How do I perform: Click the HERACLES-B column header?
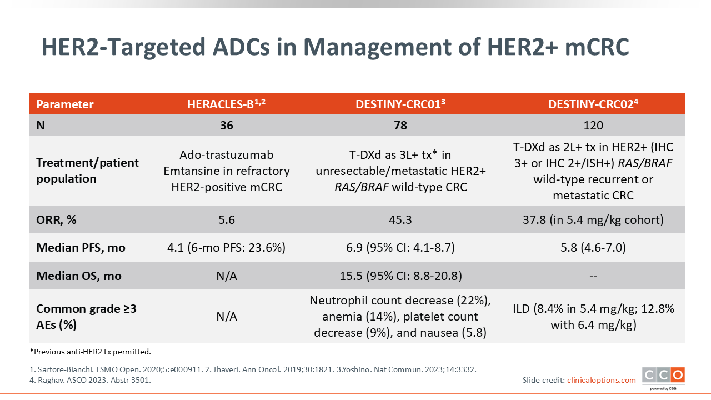click(x=226, y=104)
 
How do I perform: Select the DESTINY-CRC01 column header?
click(x=400, y=104)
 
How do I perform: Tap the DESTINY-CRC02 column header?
click(x=593, y=104)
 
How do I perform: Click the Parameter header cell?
click(x=65, y=104)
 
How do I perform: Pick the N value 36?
click(x=226, y=126)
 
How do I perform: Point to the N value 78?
click(x=400, y=126)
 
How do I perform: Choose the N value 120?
click(x=593, y=126)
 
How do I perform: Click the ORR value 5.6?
click(x=226, y=219)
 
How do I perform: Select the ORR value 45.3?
click(x=400, y=219)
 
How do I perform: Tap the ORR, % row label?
click(x=56, y=219)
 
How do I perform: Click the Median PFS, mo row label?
click(x=81, y=248)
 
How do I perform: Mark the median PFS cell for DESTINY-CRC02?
click(x=593, y=248)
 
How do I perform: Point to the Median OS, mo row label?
click(x=79, y=276)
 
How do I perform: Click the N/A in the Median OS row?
click(x=226, y=276)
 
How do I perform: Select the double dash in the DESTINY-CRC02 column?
click(x=593, y=276)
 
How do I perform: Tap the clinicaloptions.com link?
click(x=602, y=380)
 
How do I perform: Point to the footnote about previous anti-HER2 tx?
click(x=90, y=352)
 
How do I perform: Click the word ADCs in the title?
click(x=241, y=47)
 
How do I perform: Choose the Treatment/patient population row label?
click(x=87, y=171)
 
